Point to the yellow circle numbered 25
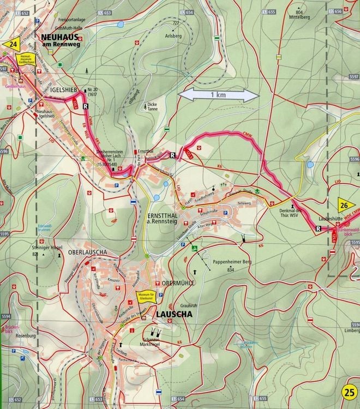tap(348, 392)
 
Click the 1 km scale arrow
tap(218, 95)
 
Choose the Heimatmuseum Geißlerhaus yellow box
tap(25, 58)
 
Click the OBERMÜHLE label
tap(175, 284)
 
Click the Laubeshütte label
tap(329, 218)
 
